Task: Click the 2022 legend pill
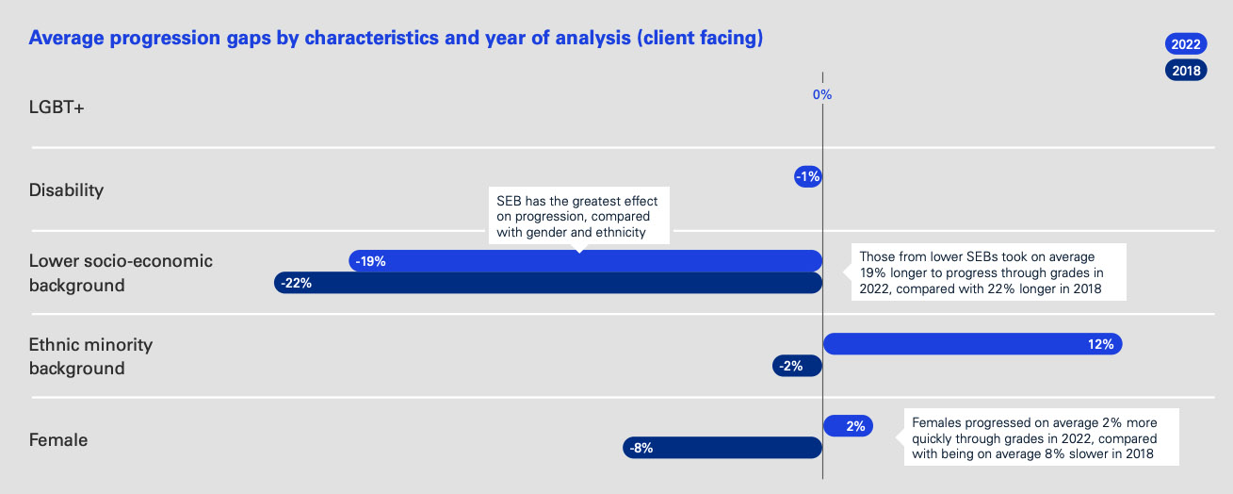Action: pyautogui.click(x=1185, y=43)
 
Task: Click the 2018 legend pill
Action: pyautogui.click(x=1185, y=70)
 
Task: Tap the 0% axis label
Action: pyautogui.click(x=822, y=94)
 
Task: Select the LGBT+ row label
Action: pyautogui.click(x=57, y=107)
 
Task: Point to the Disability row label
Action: pyautogui.click(x=66, y=190)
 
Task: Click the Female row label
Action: pyautogui.click(x=58, y=439)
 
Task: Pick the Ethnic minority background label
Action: pyautogui.click(x=90, y=356)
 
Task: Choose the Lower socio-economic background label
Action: pyautogui.click(x=121, y=272)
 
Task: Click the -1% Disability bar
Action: pyautogui.click(x=808, y=176)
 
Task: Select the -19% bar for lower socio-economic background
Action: pyautogui.click(x=585, y=261)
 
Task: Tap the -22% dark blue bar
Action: pyautogui.click(x=547, y=283)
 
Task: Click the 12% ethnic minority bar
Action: pyautogui.click(x=972, y=344)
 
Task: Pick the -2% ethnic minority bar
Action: pyautogui.click(x=797, y=366)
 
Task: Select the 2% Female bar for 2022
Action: pyautogui.click(x=848, y=426)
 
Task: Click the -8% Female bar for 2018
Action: pyautogui.click(x=722, y=448)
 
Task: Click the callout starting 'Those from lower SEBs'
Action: pyautogui.click(x=988, y=273)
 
